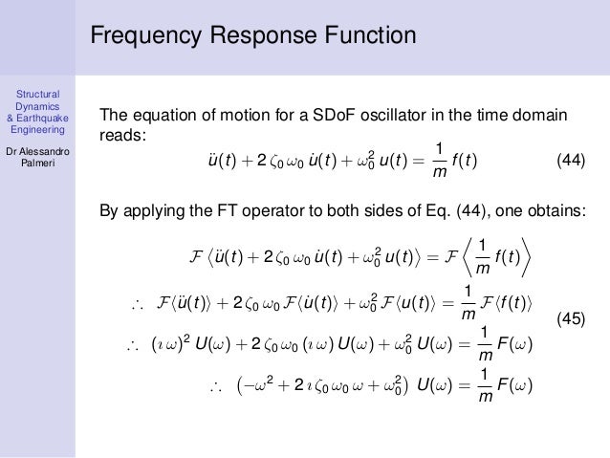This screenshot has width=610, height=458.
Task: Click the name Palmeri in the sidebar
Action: point(37,166)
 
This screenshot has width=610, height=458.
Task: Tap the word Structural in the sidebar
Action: point(38,93)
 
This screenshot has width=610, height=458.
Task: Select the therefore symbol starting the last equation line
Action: point(215,386)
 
